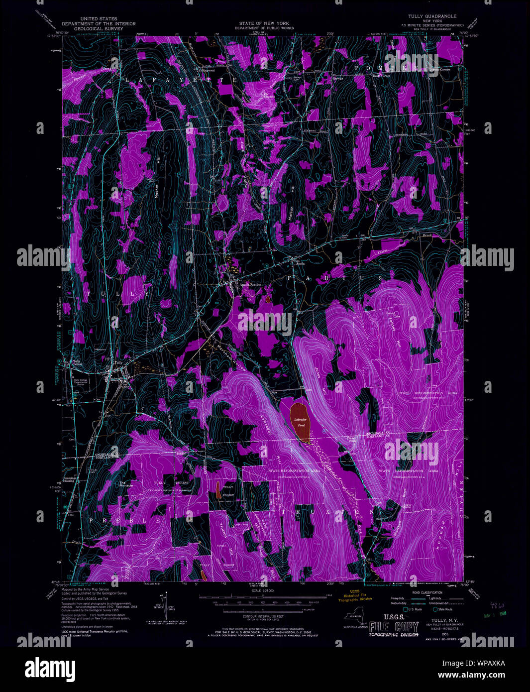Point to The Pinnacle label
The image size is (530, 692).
pyautogui.click(x=125, y=483)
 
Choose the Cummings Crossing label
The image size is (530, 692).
pyautogui.click(x=69, y=479)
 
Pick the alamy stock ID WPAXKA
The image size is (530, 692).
pyautogui.click(x=486, y=663)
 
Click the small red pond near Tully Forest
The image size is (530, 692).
pyautogui.click(x=218, y=490)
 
